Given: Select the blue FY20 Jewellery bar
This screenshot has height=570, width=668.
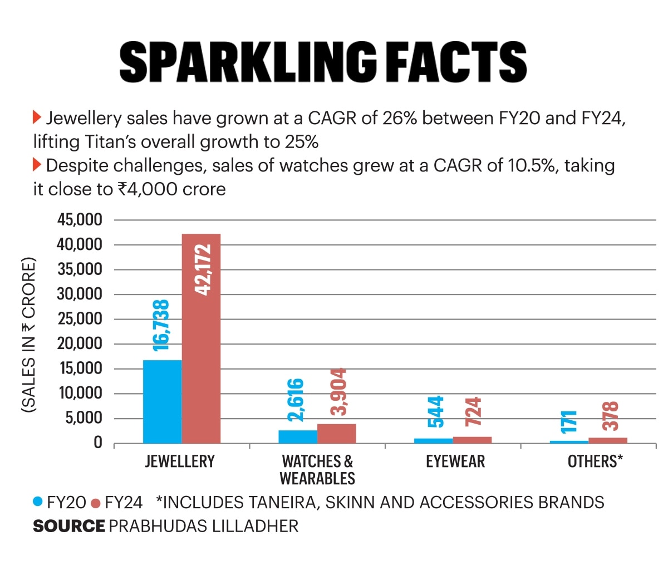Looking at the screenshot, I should (162, 401).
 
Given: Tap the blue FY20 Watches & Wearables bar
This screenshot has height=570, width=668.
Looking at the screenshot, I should (298, 436).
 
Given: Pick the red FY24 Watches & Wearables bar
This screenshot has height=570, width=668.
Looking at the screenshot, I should (336, 434).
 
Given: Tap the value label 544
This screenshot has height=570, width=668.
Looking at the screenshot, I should (435, 411).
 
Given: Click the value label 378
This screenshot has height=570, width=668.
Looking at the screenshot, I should (611, 416).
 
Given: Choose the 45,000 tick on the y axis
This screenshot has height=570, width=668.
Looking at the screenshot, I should (80, 220).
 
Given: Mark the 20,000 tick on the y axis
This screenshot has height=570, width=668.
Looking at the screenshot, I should (80, 344).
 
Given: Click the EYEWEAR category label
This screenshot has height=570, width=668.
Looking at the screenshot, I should (455, 461).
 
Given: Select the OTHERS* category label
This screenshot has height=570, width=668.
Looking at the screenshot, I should (595, 461).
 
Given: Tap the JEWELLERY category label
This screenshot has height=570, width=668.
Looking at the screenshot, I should (180, 461).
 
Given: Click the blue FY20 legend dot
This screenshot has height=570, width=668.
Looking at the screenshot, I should (38, 502).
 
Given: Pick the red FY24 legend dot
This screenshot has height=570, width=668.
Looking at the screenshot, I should (95, 503).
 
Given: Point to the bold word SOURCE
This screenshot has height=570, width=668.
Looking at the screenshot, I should (68, 526).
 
